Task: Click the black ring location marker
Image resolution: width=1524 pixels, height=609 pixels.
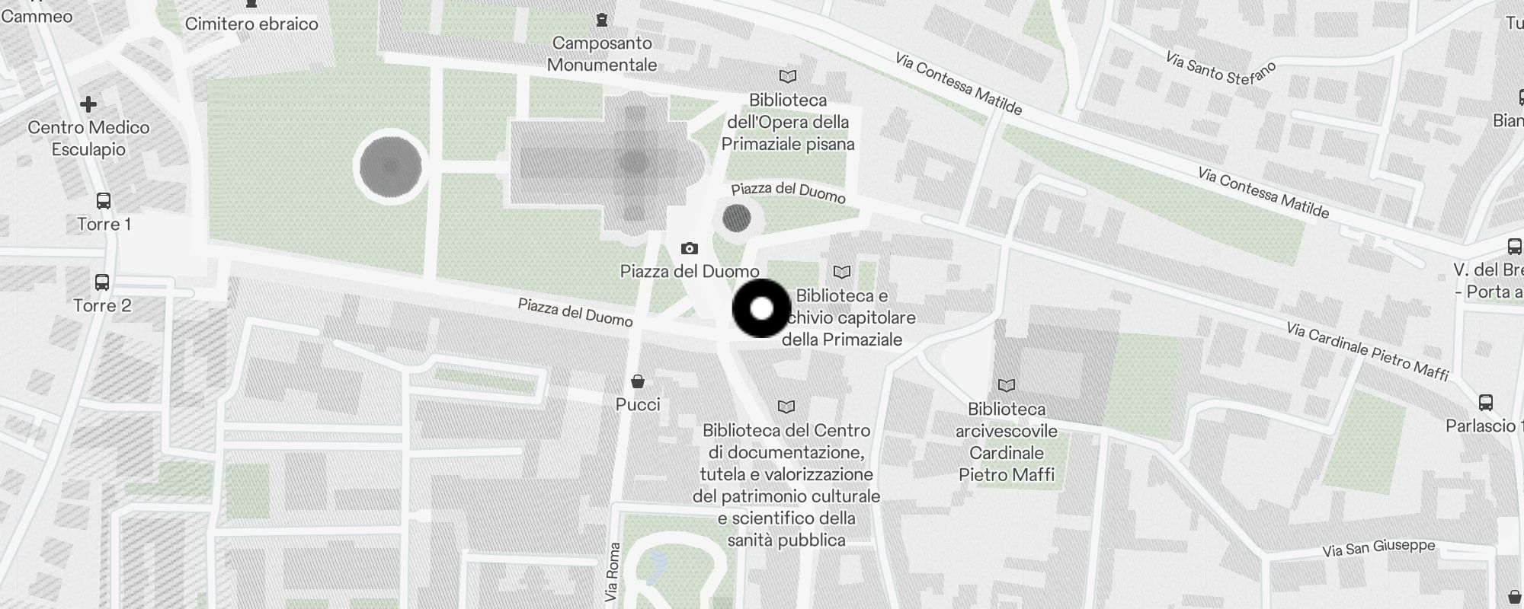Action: pos(761,308)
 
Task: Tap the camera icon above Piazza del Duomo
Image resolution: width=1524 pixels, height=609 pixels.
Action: pos(689,248)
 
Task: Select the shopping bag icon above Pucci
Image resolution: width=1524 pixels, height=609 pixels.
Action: pos(638,381)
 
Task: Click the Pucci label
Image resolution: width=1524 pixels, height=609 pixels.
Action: pos(638,404)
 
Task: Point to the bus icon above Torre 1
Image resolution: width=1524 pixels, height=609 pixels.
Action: pos(104,201)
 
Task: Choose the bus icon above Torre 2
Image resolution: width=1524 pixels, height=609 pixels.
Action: pos(102,282)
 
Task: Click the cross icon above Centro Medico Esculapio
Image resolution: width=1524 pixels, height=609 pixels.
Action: pos(88,104)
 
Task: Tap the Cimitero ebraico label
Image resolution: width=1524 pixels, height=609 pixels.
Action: pos(251,24)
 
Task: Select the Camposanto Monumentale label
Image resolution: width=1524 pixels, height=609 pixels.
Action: pos(602,54)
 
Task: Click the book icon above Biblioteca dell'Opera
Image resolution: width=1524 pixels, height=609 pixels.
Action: pos(788,76)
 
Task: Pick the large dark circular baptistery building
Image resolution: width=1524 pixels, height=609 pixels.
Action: pos(390,166)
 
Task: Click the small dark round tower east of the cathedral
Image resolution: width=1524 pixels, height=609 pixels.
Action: pos(736,218)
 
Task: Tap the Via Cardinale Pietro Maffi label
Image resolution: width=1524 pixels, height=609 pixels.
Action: pos(1367,351)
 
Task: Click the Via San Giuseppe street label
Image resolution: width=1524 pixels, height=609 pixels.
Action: pos(1378,548)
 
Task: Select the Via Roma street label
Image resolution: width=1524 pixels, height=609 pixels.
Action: pos(612,572)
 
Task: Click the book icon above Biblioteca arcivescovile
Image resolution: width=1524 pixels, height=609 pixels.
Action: pos(1007,386)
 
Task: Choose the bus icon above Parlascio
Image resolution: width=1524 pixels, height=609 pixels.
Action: pos(1485,403)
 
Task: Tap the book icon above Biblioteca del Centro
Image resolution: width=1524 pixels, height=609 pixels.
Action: pos(786,407)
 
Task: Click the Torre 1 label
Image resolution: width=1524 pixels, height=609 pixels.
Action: pos(104,224)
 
